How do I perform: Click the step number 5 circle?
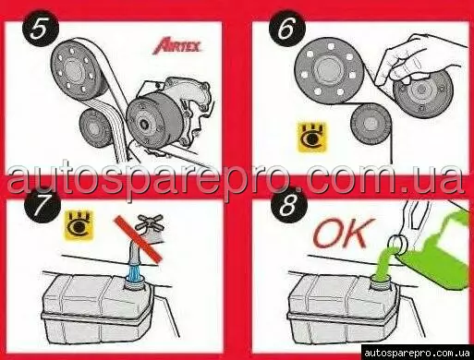(x=40, y=30)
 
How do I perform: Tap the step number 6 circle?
(x=287, y=29)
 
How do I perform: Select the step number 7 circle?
(x=43, y=205)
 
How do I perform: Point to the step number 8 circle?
(x=288, y=205)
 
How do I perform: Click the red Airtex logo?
(x=176, y=46)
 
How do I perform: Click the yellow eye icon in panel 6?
(x=311, y=138)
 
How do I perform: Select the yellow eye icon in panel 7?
(x=79, y=225)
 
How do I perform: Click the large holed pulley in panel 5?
(x=79, y=69)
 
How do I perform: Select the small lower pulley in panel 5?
(x=96, y=128)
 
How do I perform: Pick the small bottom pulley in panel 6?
(x=371, y=124)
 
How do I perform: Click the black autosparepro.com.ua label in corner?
(x=417, y=353)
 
